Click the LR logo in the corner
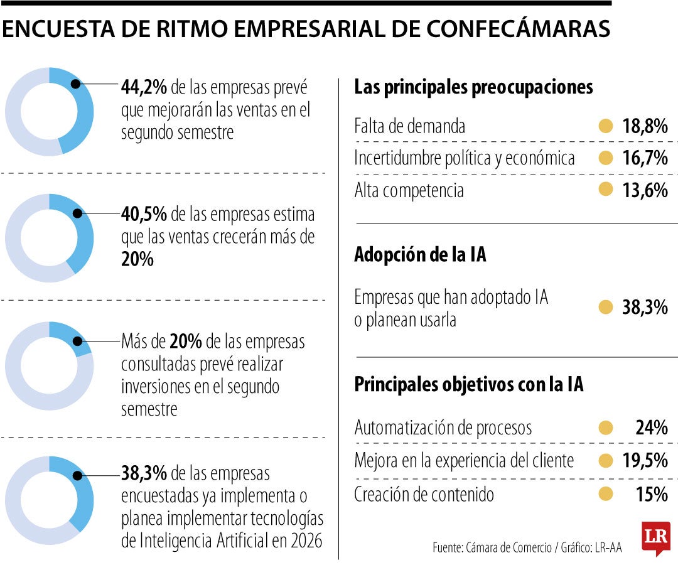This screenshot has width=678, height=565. [x=656, y=537]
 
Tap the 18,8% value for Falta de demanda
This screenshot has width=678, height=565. [x=645, y=126]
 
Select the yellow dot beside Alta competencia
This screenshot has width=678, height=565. [x=606, y=190]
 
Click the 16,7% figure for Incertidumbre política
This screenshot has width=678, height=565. [x=645, y=158]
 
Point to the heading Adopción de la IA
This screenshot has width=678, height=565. [x=420, y=255]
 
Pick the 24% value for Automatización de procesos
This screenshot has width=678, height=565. [x=651, y=428]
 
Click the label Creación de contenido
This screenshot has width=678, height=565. [x=424, y=495]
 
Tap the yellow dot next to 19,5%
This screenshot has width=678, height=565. [x=606, y=461]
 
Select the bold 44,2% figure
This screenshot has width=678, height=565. [x=144, y=88]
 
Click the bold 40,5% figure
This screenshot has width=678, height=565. [x=144, y=215]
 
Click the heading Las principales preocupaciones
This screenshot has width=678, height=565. [x=473, y=87]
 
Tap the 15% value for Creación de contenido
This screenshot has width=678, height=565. [x=651, y=495]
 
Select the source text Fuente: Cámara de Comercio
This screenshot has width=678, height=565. [x=492, y=547]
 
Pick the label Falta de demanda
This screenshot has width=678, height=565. [x=410, y=126]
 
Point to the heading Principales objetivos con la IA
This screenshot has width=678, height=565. [x=469, y=384]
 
